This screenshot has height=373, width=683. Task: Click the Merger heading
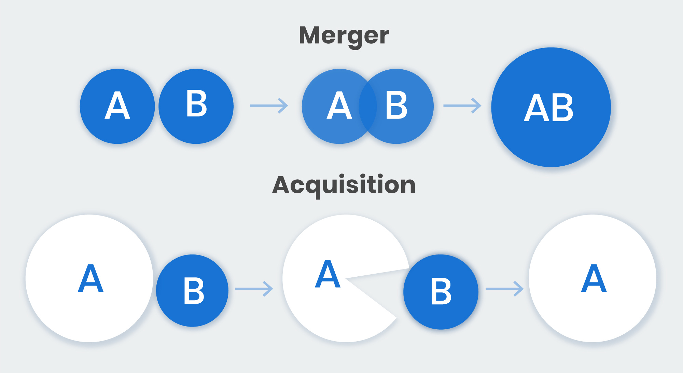pyautogui.click(x=344, y=36)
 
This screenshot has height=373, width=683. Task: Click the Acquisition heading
pyautogui.click(x=344, y=185)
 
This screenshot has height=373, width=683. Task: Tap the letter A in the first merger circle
pyautogui.click(x=117, y=106)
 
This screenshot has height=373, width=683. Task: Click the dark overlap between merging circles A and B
pyautogui.click(x=368, y=106)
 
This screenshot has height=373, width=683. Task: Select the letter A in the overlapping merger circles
pyautogui.click(x=339, y=106)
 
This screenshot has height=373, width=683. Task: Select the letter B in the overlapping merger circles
pyautogui.click(x=396, y=106)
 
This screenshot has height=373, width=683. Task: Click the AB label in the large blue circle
pyautogui.click(x=549, y=108)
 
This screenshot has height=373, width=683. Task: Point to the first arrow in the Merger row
pyautogui.click(x=269, y=106)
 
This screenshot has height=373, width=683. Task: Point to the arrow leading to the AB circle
pyautogui.click(x=462, y=106)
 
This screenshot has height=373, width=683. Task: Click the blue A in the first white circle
pyautogui.click(x=90, y=278)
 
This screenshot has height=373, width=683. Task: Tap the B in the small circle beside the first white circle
pyautogui.click(x=194, y=291)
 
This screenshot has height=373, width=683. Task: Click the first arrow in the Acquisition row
pyautogui.click(x=254, y=289)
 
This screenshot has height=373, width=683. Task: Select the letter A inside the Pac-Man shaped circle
pyautogui.click(x=327, y=274)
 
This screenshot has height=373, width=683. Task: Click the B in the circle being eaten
pyautogui.click(x=441, y=291)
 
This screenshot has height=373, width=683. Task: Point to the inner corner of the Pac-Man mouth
pyautogui.click(x=346, y=279)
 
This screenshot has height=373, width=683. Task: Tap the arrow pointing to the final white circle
pyautogui.click(x=504, y=289)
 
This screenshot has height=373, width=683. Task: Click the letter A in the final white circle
pyautogui.click(x=594, y=278)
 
